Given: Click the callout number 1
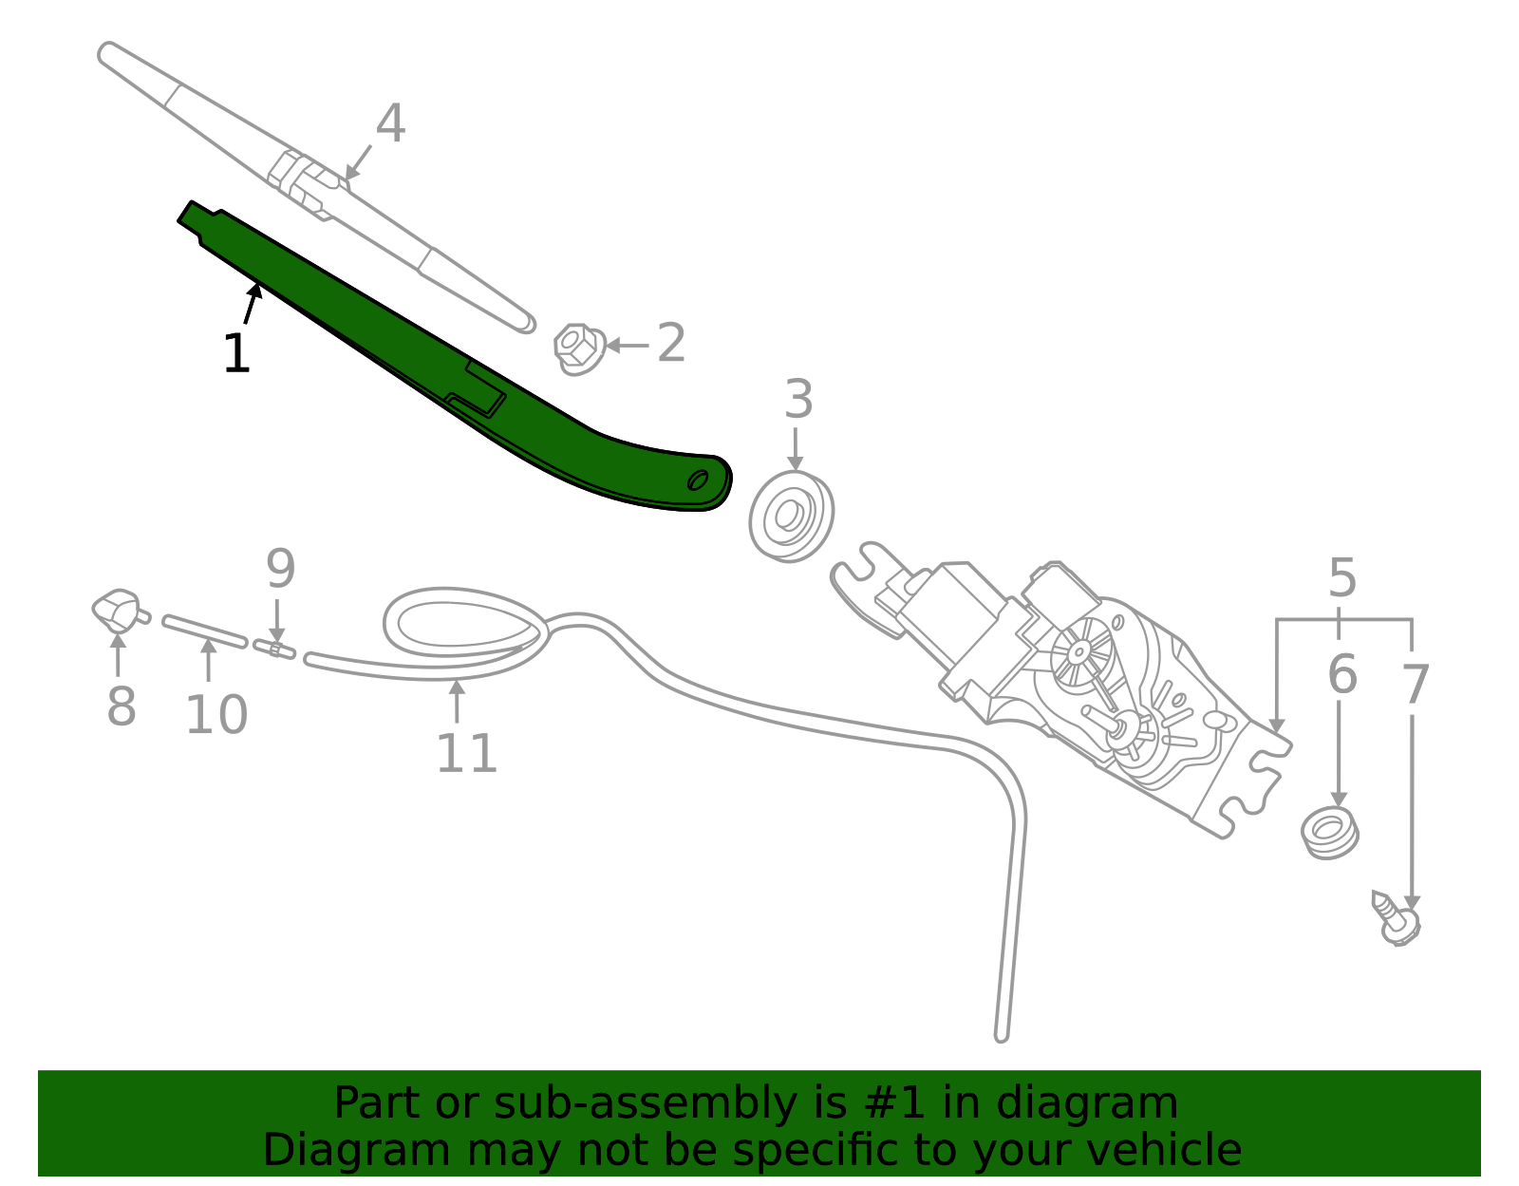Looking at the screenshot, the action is click(235, 354).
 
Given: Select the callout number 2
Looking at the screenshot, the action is click(670, 343).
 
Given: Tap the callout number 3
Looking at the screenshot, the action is click(798, 400).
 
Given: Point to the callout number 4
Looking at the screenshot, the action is click(390, 124).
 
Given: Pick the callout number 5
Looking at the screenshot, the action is click(1341, 577).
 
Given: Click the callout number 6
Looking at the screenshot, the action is click(1341, 675).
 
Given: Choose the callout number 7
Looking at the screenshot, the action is click(1415, 685).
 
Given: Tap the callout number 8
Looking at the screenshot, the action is click(122, 707).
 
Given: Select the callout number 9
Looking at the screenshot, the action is click(280, 569).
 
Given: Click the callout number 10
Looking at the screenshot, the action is click(216, 716).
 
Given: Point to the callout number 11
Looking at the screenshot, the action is click(466, 754).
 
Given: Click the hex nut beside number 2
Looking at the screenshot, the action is click(578, 348).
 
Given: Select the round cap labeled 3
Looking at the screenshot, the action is click(791, 517).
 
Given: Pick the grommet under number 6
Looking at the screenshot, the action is click(1329, 832).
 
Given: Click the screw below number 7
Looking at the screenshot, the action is click(1396, 918).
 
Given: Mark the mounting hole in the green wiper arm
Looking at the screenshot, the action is click(698, 480).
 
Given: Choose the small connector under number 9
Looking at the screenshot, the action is click(274, 649).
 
